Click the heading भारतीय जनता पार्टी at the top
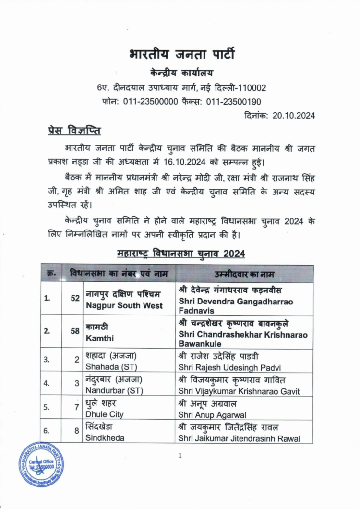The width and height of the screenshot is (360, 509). pos(182,54)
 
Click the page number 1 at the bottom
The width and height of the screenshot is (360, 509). pos(180,456)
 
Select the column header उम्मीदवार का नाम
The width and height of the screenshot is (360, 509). pos(244,274)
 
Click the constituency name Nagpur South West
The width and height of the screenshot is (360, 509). pos(124,306)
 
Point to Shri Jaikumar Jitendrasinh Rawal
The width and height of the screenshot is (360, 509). pos(239,438)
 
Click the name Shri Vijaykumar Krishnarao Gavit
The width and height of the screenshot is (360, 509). pos(239,391)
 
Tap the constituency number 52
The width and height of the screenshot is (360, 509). pos(75,298)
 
